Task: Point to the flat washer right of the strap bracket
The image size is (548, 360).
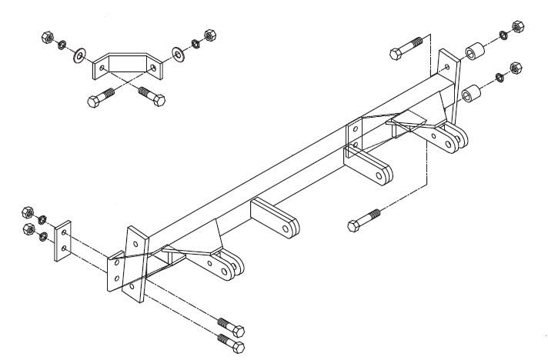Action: [179, 54]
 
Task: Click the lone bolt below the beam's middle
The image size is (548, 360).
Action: [364, 220]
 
